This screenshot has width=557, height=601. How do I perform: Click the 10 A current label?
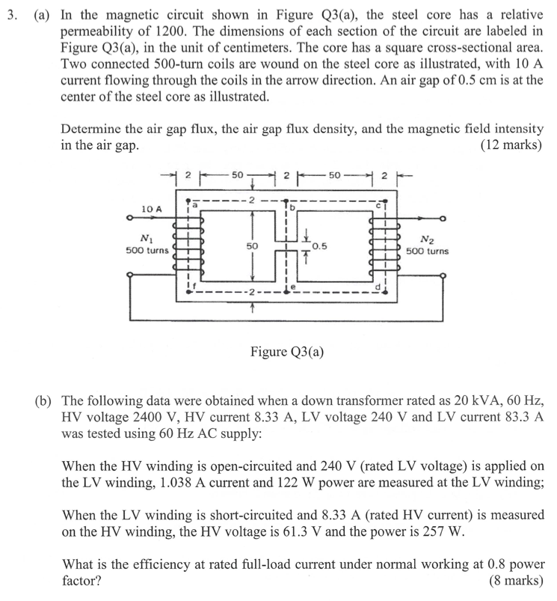point(151,210)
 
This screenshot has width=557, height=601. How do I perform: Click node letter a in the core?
point(196,204)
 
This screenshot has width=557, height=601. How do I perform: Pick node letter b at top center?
point(293,205)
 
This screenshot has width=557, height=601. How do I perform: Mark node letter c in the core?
point(381,205)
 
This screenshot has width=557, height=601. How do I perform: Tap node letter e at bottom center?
point(295,287)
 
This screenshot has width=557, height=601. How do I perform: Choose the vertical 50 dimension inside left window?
point(252,245)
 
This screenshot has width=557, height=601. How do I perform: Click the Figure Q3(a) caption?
point(286,351)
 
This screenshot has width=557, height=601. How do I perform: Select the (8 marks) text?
point(515,580)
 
